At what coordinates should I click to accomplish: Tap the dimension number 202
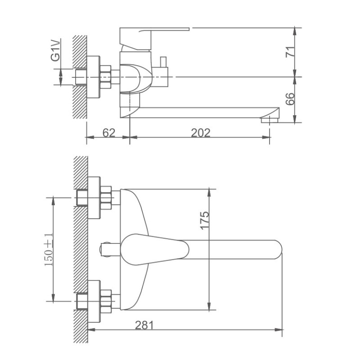[x=201, y=133]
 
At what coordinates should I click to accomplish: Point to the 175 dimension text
[x=205, y=221]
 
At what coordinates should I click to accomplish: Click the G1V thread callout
[x=55, y=50]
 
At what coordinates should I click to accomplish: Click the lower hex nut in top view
[x=106, y=300]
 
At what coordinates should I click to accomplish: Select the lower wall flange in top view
[x=94, y=300]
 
